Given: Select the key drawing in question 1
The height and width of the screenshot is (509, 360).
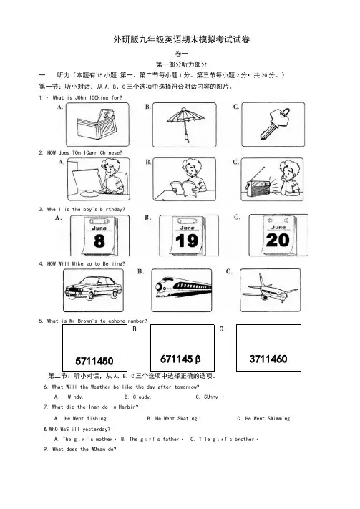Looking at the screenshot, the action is (x=274, y=123).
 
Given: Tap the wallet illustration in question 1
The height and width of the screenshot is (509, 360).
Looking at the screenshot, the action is (x=97, y=124).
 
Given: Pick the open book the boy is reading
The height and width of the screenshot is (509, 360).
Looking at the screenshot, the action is (x=183, y=188).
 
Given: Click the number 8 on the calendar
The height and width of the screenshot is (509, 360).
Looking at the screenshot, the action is (x=99, y=241).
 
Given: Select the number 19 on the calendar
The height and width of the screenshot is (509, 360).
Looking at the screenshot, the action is (x=187, y=241).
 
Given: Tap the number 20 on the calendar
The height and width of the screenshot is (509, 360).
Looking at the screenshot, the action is (x=278, y=241).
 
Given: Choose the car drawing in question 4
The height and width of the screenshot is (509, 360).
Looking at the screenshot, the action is (x=94, y=287).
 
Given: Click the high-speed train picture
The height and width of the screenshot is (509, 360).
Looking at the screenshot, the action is (x=183, y=288).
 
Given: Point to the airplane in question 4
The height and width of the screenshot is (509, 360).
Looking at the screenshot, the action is (x=269, y=289).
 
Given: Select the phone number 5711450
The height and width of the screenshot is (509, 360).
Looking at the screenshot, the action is (x=94, y=361).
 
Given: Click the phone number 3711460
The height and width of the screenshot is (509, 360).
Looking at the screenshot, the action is (x=268, y=359).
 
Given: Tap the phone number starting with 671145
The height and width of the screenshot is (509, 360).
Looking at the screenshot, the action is (x=180, y=359).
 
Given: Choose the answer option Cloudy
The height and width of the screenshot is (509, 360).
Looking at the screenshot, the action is (x=142, y=397).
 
